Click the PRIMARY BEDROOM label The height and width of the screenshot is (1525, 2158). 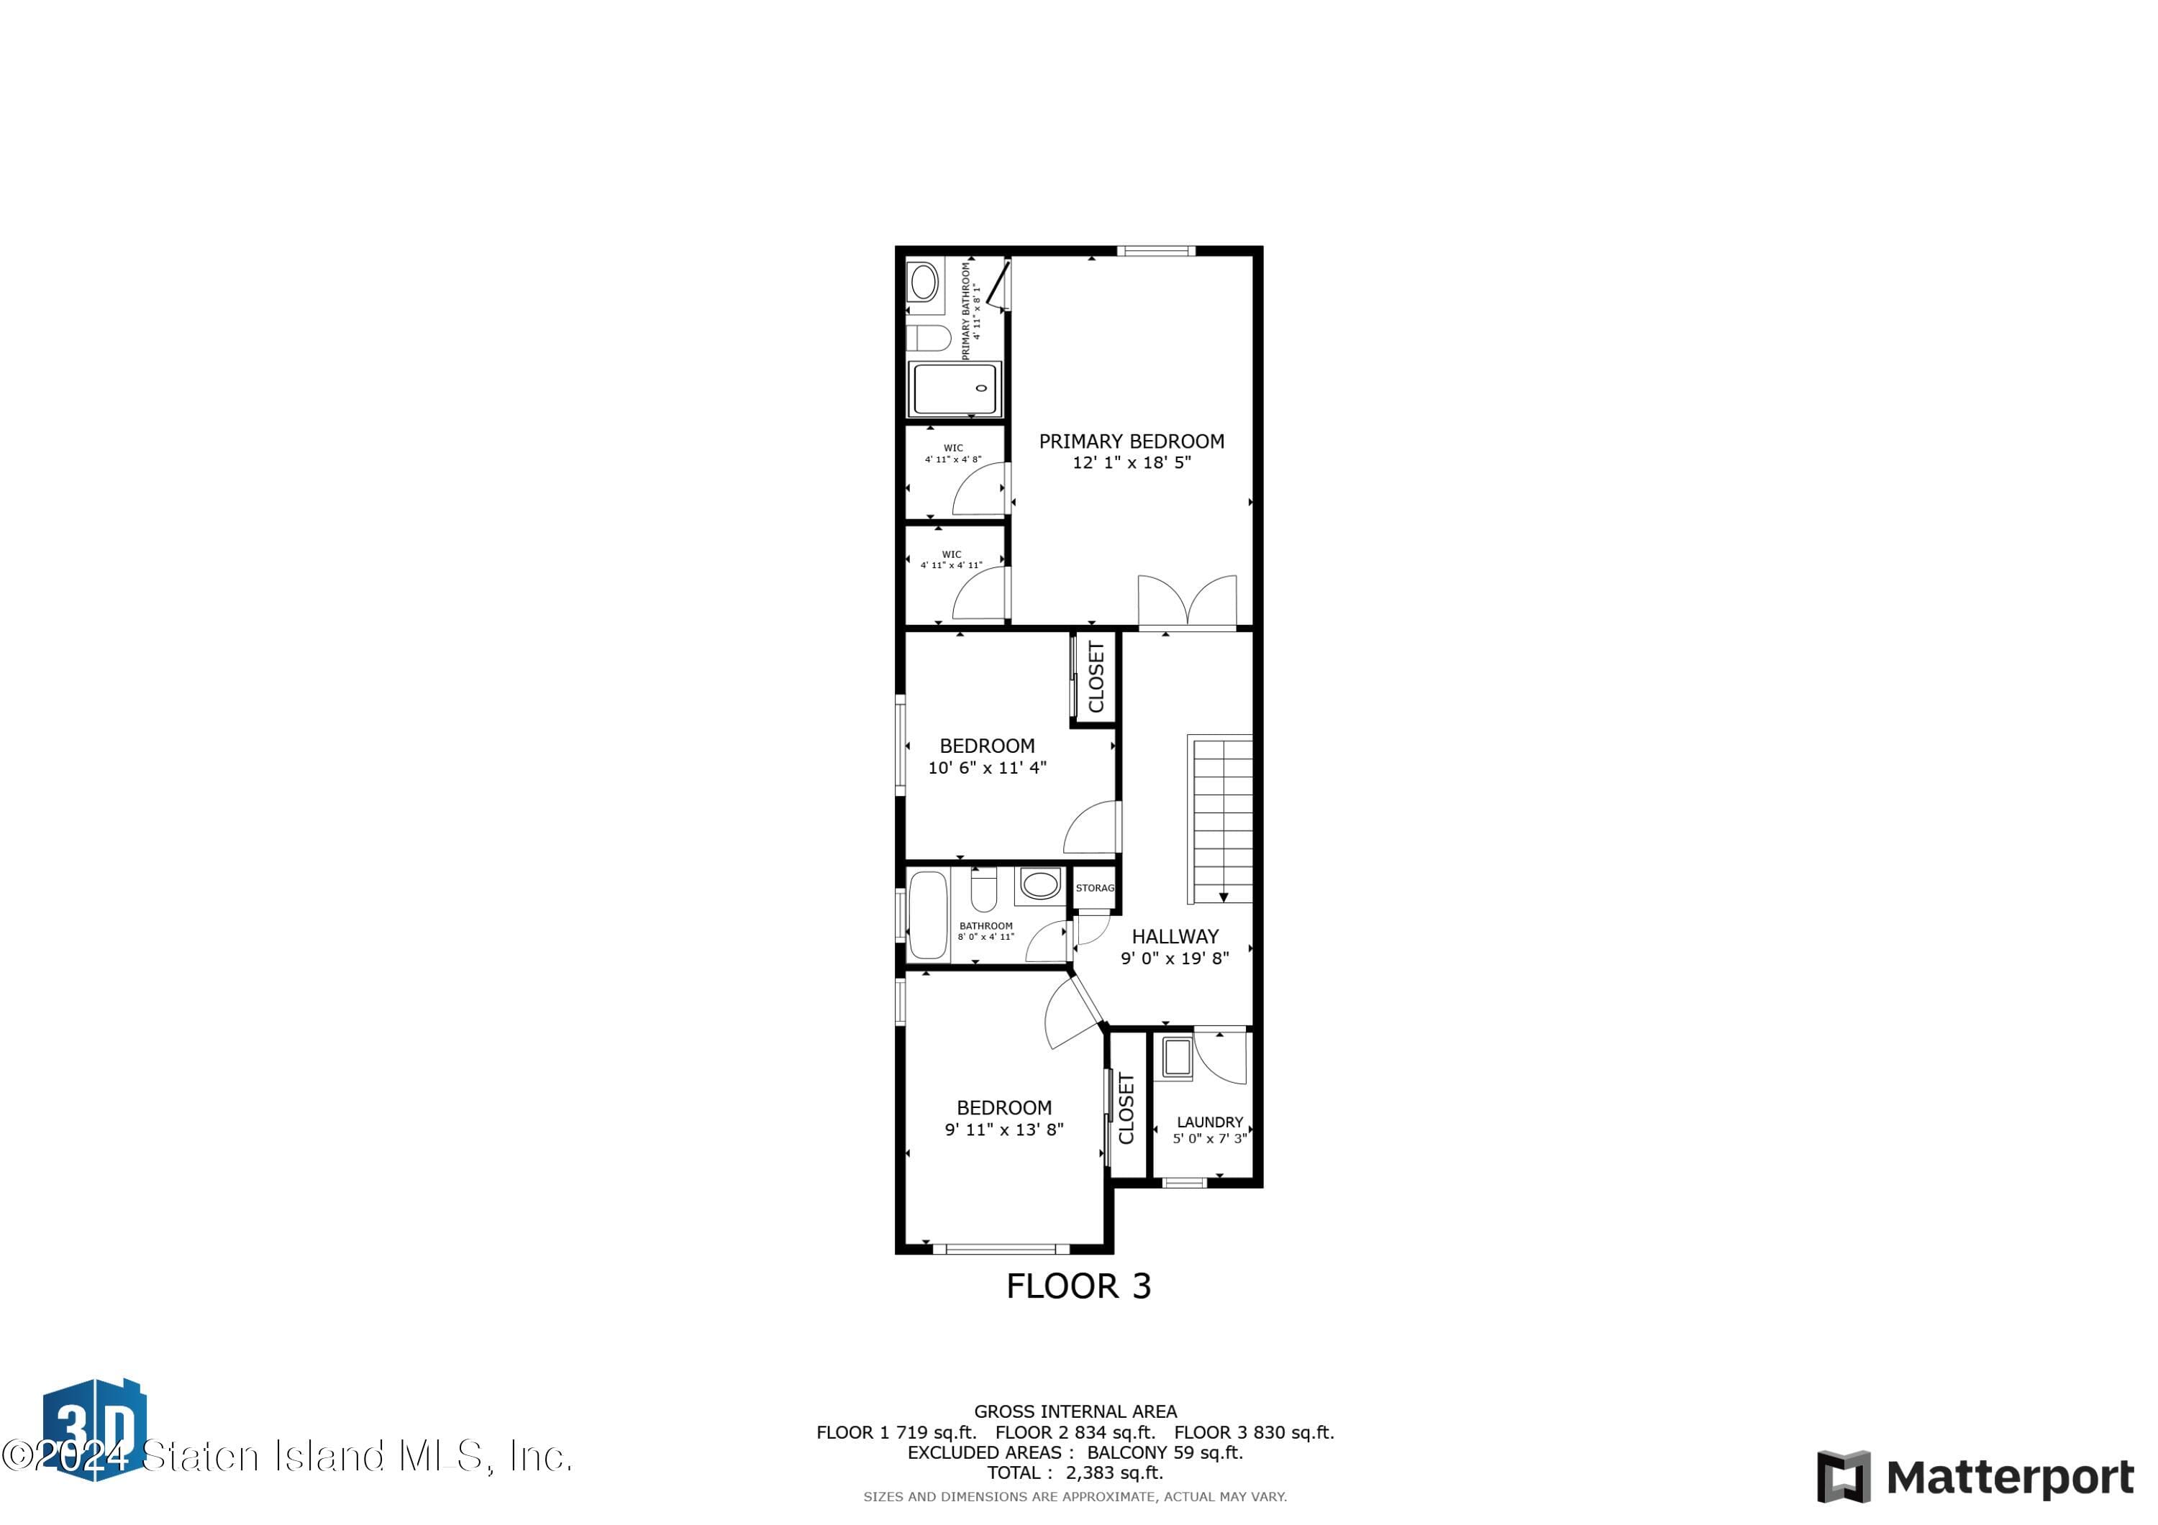(x=1131, y=441)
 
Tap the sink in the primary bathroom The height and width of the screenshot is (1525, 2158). (x=924, y=282)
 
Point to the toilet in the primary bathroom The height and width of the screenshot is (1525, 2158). (x=929, y=337)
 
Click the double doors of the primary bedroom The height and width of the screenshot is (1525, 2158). (x=1186, y=601)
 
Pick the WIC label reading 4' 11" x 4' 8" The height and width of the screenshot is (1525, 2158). (x=953, y=454)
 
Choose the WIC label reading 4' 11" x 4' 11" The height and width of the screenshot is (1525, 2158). (x=951, y=560)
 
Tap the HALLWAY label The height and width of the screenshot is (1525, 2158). (x=1174, y=937)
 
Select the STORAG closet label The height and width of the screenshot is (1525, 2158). (x=1094, y=888)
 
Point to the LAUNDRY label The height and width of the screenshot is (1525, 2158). (x=1210, y=1122)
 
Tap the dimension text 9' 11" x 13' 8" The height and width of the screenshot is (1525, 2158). (x=1003, y=1130)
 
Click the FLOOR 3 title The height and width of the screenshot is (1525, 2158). (x=1078, y=1286)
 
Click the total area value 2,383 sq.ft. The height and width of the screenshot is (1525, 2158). (x=1114, y=1473)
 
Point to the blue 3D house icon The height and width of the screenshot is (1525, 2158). (x=94, y=1428)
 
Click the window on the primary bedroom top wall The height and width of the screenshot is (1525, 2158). (x=1155, y=251)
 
